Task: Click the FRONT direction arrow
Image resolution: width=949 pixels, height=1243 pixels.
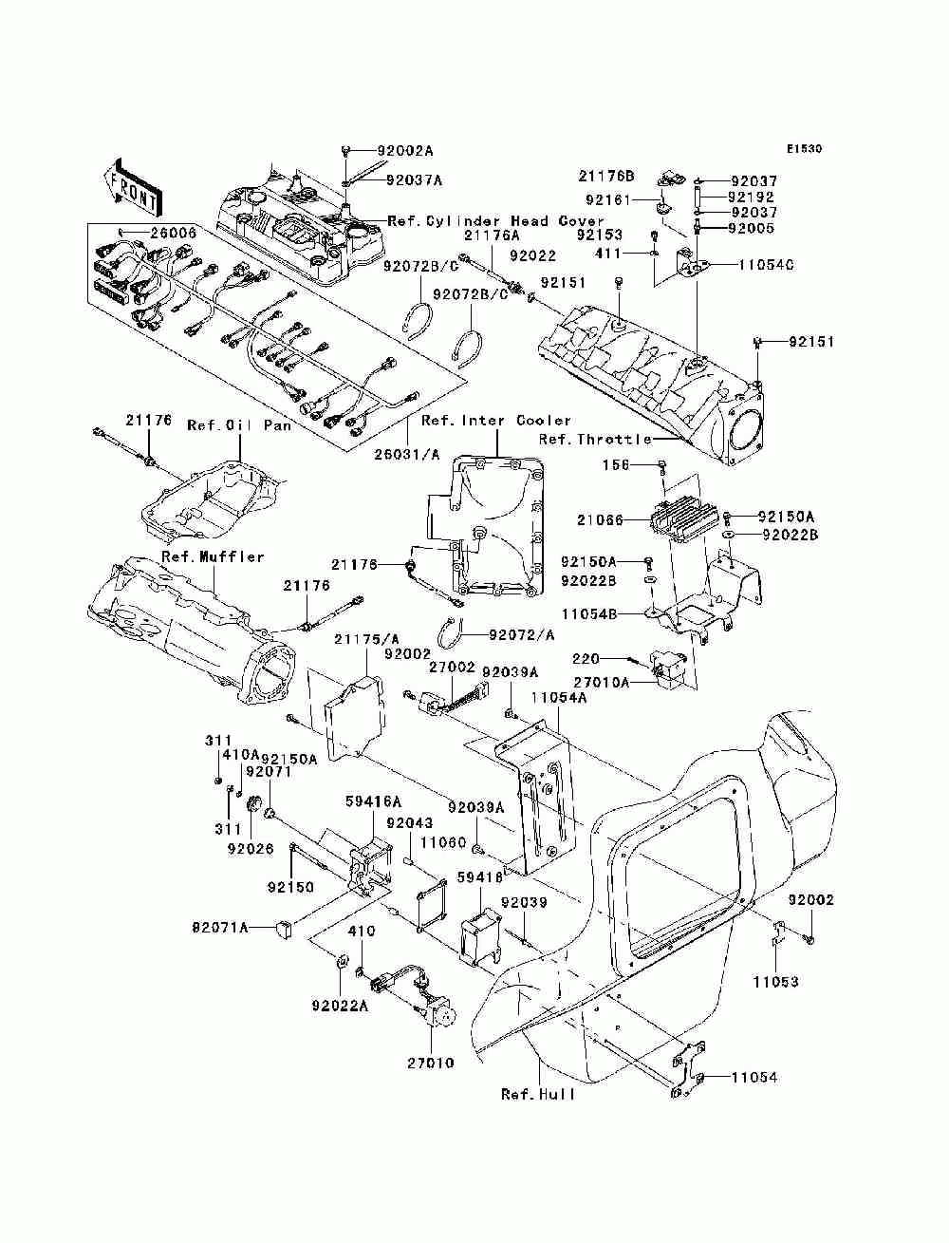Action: coord(132,188)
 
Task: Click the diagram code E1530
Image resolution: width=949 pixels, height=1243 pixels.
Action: coord(804,149)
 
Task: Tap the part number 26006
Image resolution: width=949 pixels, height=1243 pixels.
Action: coord(173,233)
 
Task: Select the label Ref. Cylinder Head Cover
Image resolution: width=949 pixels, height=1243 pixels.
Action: coord(495,221)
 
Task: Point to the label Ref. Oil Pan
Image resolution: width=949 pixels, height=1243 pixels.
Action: coord(239,425)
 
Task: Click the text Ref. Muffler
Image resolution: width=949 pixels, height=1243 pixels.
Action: coord(213,556)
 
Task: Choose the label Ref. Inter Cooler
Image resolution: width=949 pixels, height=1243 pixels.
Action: coord(496,420)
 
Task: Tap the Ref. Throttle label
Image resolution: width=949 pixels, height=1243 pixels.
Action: coord(595,439)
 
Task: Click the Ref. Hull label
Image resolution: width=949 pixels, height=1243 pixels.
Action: coord(537,1095)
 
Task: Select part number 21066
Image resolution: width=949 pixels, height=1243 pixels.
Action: coord(601,519)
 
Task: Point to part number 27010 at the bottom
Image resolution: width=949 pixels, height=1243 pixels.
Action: coord(431,1063)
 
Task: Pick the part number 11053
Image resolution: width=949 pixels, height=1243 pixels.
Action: coord(775,981)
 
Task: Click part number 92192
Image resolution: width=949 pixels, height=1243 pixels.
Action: coord(752,198)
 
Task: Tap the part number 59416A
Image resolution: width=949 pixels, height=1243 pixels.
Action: coord(374,801)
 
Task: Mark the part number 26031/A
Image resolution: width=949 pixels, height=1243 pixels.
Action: coord(406,454)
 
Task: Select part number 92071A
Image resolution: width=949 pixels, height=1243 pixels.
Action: coord(220,928)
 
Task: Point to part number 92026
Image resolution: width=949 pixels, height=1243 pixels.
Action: coord(251,849)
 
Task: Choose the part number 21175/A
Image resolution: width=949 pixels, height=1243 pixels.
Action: coord(366,639)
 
